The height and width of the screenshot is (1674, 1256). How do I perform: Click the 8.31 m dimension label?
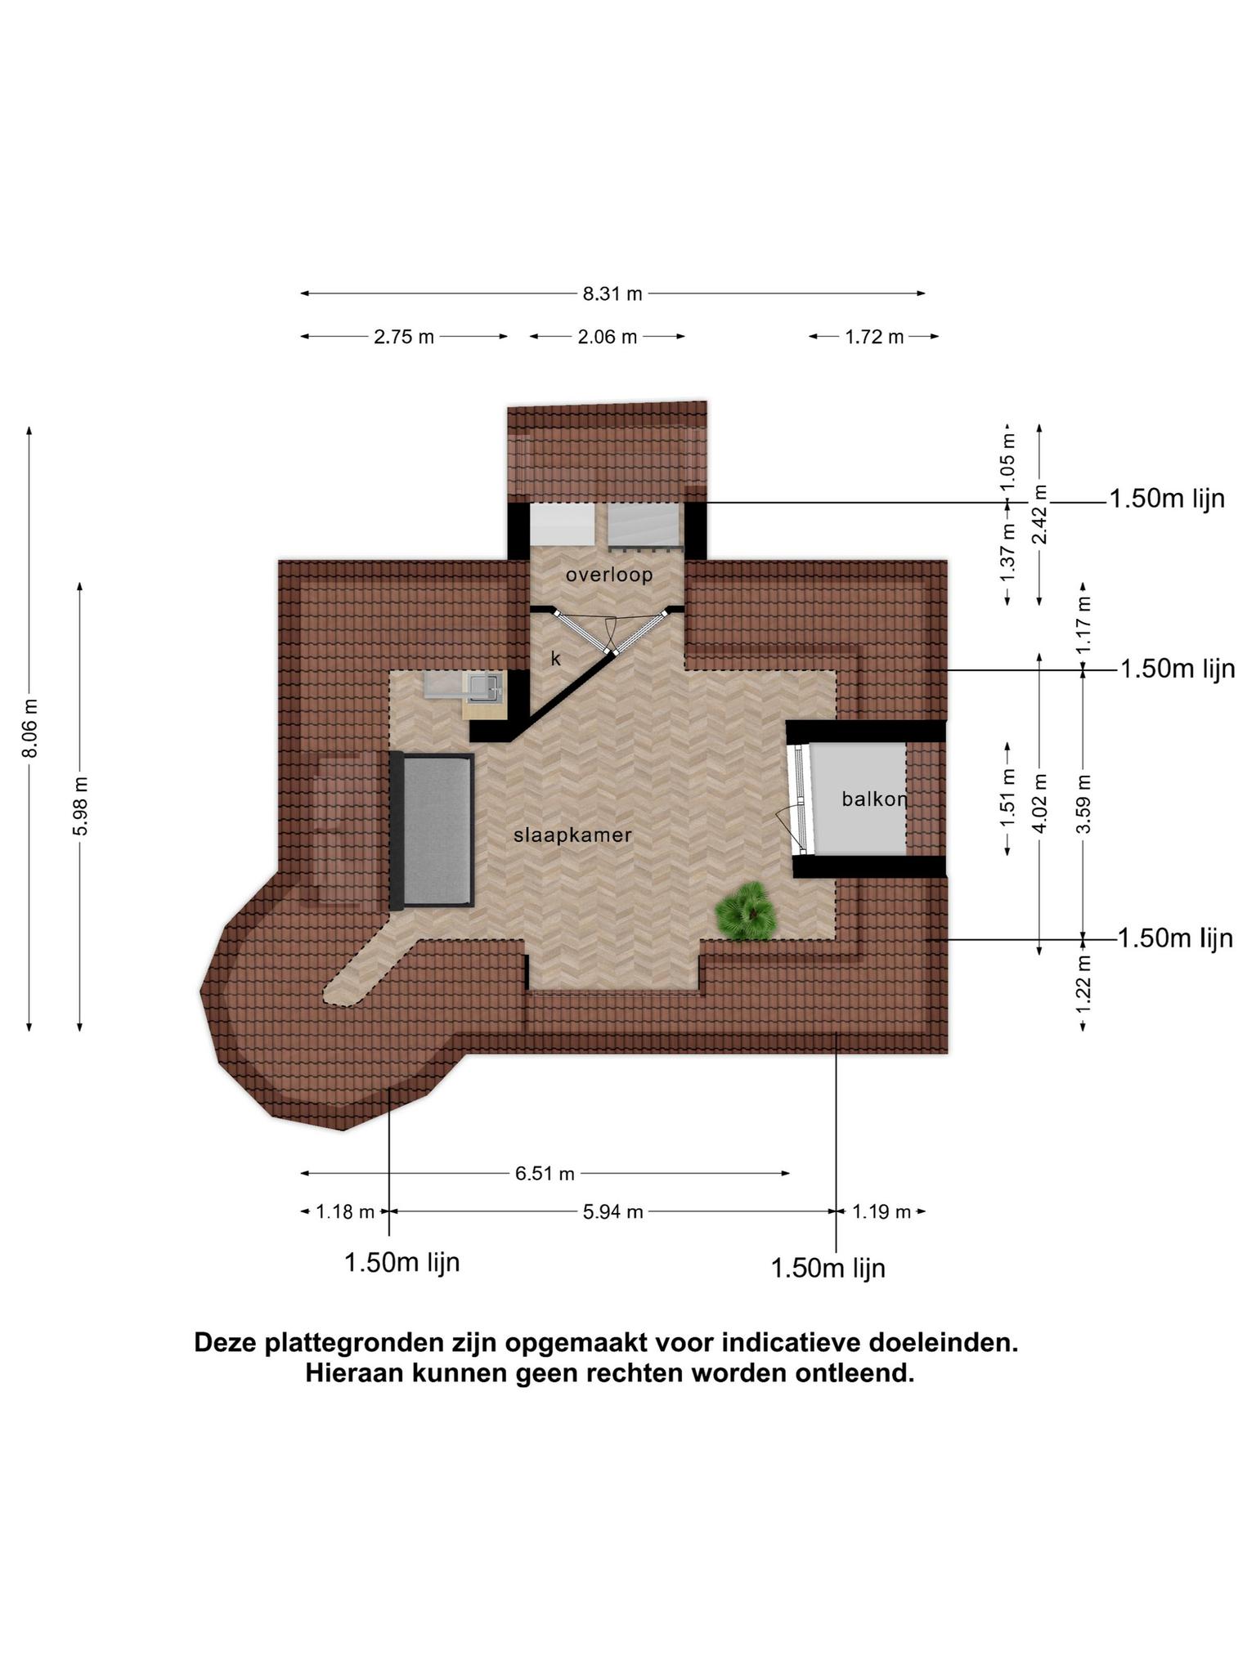612,294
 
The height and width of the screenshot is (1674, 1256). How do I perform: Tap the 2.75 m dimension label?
404,337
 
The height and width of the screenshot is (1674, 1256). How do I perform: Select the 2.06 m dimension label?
608,337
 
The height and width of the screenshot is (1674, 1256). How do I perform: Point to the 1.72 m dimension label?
874,337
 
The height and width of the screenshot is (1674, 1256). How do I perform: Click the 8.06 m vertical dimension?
30,728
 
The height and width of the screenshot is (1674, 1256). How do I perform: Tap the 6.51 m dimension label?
545,1174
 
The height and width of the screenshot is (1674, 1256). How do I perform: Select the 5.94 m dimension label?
612,1212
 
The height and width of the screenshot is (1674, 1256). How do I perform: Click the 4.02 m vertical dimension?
1041,803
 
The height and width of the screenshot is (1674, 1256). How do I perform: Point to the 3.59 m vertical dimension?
1084,803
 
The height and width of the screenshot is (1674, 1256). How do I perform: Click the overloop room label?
609,575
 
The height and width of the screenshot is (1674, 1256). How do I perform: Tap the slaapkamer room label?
572,835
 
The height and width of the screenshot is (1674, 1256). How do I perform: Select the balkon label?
874,799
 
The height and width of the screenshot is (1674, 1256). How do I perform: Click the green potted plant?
744,911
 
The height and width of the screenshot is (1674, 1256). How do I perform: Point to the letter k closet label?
556,658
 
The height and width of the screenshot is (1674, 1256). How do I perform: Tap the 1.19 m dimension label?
881,1212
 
